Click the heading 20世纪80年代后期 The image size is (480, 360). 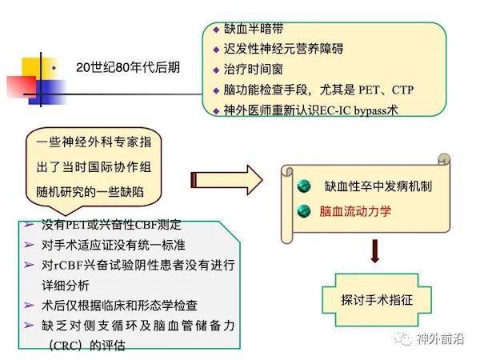(x=128, y=67)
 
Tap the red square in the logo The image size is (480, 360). (x=22, y=86)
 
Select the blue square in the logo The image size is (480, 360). (x=48, y=92)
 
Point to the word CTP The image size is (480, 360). (x=402, y=90)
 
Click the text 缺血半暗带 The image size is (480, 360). (x=254, y=29)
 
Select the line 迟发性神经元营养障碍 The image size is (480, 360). (x=283, y=49)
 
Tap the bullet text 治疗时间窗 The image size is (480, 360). (x=253, y=70)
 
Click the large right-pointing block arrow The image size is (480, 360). (x=226, y=180)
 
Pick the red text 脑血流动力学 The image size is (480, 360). (x=355, y=211)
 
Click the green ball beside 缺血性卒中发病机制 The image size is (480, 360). (x=304, y=186)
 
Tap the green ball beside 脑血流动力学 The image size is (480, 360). (x=304, y=211)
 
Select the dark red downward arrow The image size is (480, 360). (x=375, y=251)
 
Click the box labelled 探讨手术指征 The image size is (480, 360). (x=377, y=300)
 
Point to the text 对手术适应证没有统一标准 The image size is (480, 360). (x=114, y=245)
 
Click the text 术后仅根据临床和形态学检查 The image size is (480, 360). (x=119, y=306)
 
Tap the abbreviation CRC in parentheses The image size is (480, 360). (x=66, y=346)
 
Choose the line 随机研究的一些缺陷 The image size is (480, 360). (x=90, y=192)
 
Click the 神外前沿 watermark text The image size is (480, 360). (x=440, y=339)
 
